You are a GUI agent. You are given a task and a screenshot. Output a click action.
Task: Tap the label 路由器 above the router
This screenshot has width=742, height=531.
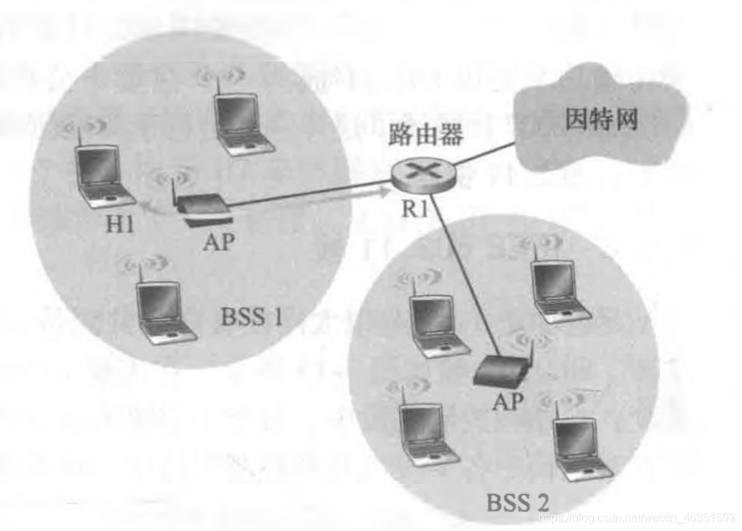pyautogui.click(x=425, y=135)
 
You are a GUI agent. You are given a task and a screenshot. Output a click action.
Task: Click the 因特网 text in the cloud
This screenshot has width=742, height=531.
pyautogui.click(x=600, y=119)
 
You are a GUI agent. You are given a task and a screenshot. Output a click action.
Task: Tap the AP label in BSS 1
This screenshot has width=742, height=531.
pyautogui.click(x=218, y=242)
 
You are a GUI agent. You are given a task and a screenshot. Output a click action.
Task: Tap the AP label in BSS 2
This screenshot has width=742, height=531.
pyautogui.click(x=507, y=402)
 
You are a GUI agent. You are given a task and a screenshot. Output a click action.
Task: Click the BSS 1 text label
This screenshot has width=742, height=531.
pyautogui.click(x=252, y=316)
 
